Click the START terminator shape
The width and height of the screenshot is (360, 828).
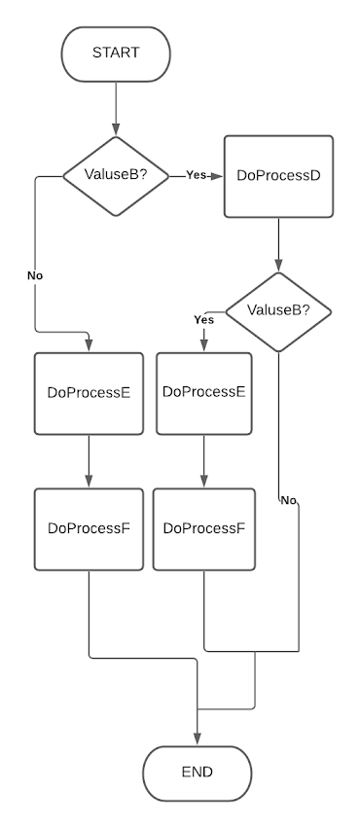coord(116,53)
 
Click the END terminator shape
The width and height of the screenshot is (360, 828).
coord(197,773)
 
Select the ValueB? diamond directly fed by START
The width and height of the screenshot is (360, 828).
coord(116,175)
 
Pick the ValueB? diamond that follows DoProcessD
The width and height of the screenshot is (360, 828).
coord(278,311)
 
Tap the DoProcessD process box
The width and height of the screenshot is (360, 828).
coord(278,176)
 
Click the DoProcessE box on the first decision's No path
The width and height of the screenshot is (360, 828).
coord(89,393)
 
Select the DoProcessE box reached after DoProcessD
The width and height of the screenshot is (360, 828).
coord(203,392)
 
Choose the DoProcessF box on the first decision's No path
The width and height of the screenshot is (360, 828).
coord(89,528)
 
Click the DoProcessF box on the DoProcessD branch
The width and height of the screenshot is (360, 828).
coord(203,528)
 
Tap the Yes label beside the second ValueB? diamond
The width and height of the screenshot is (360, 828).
coord(203,319)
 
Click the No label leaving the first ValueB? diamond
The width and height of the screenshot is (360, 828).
coord(35,275)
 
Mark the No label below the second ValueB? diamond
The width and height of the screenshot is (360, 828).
coord(288,500)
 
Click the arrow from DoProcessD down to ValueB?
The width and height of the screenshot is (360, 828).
coord(278,243)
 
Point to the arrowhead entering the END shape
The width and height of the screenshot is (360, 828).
coord(197,739)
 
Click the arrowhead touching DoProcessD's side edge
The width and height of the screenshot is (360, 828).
coord(219,176)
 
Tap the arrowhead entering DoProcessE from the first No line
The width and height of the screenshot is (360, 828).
coord(89,346)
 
